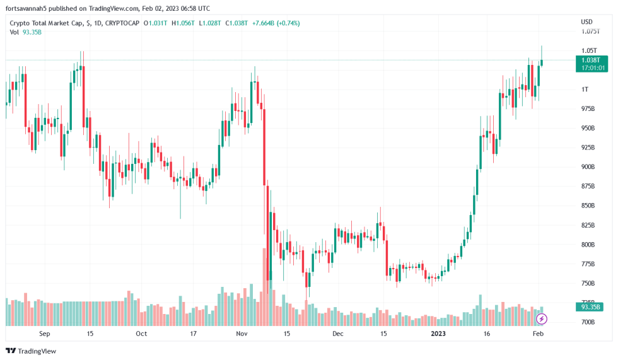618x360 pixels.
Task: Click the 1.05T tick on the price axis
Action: (x=589, y=50)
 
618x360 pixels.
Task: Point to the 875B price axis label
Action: (x=589, y=186)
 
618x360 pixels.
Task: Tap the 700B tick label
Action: (x=589, y=322)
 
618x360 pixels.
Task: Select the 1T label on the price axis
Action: (x=585, y=89)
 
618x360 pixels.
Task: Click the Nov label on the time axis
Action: (x=242, y=333)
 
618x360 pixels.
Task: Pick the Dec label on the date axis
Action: (x=337, y=333)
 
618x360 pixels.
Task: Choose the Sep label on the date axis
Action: (x=44, y=333)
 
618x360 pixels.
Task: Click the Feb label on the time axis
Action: (x=537, y=333)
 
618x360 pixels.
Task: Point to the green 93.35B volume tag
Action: (x=591, y=307)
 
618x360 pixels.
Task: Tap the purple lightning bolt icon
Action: (x=541, y=319)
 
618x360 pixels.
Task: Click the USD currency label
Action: (x=586, y=22)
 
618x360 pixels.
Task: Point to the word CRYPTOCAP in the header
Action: (x=124, y=23)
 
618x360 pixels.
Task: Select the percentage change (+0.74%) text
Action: (x=286, y=23)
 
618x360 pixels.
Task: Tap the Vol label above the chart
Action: (x=15, y=32)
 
